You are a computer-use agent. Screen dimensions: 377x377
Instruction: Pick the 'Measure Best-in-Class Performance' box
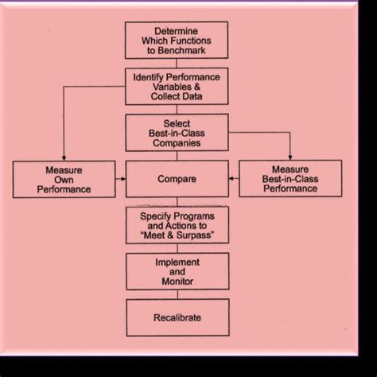coord(290,179)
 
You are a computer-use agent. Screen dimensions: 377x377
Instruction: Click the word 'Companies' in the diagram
coord(177,144)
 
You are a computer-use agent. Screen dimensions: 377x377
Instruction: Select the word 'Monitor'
coord(177,282)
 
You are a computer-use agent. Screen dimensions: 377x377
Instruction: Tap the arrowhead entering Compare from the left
coord(122,179)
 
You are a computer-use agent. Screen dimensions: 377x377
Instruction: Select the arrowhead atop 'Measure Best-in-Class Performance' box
coord(290,157)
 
